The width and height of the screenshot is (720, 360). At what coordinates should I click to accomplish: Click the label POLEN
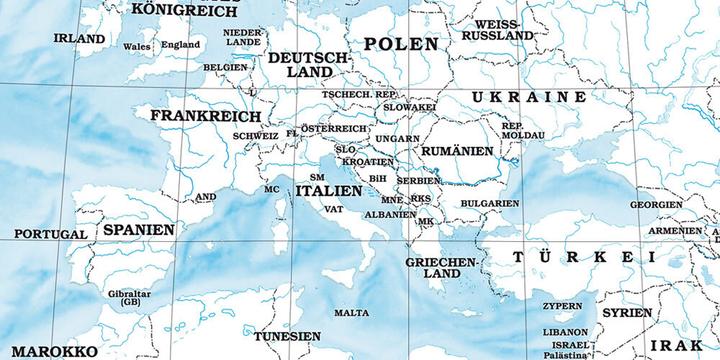pyautogui.click(x=401, y=44)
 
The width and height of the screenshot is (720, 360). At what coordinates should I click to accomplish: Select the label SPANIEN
pyautogui.click(x=138, y=229)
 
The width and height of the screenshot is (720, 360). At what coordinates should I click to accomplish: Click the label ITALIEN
pyautogui.click(x=329, y=190)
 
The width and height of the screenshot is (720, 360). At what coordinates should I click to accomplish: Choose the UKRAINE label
pyautogui.click(x=529, y=97)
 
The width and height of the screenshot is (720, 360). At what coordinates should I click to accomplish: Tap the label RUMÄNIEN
pyautogui.click(x=458, y=150)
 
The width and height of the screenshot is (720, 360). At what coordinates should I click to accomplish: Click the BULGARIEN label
pyautogui.click(x=490, y=203)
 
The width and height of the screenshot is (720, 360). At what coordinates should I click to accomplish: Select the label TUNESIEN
pyautogui.click(x=287, y=337)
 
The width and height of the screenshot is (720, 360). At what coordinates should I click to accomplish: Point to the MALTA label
pyautogui.click(x=351, y=313)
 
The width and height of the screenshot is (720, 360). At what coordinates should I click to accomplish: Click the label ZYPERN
pyautogui.click(x=562, y=306)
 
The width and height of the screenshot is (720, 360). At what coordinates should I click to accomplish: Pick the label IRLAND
pyautogui.click(x=79, y=39)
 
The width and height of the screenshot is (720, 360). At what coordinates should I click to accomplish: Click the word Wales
pyautogui.click(x=138, y=46)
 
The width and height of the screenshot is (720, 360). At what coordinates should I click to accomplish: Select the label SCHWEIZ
pyautogui.click(x=255, y=135)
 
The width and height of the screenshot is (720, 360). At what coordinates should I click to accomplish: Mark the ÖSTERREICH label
pyautogui.click(x=335, y=129)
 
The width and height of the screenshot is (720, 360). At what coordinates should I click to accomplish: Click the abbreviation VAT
pyautogui.click(x=334, y=209)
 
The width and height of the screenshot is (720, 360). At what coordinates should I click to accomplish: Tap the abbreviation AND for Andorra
pyautogui.click(x=205, y=197)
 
